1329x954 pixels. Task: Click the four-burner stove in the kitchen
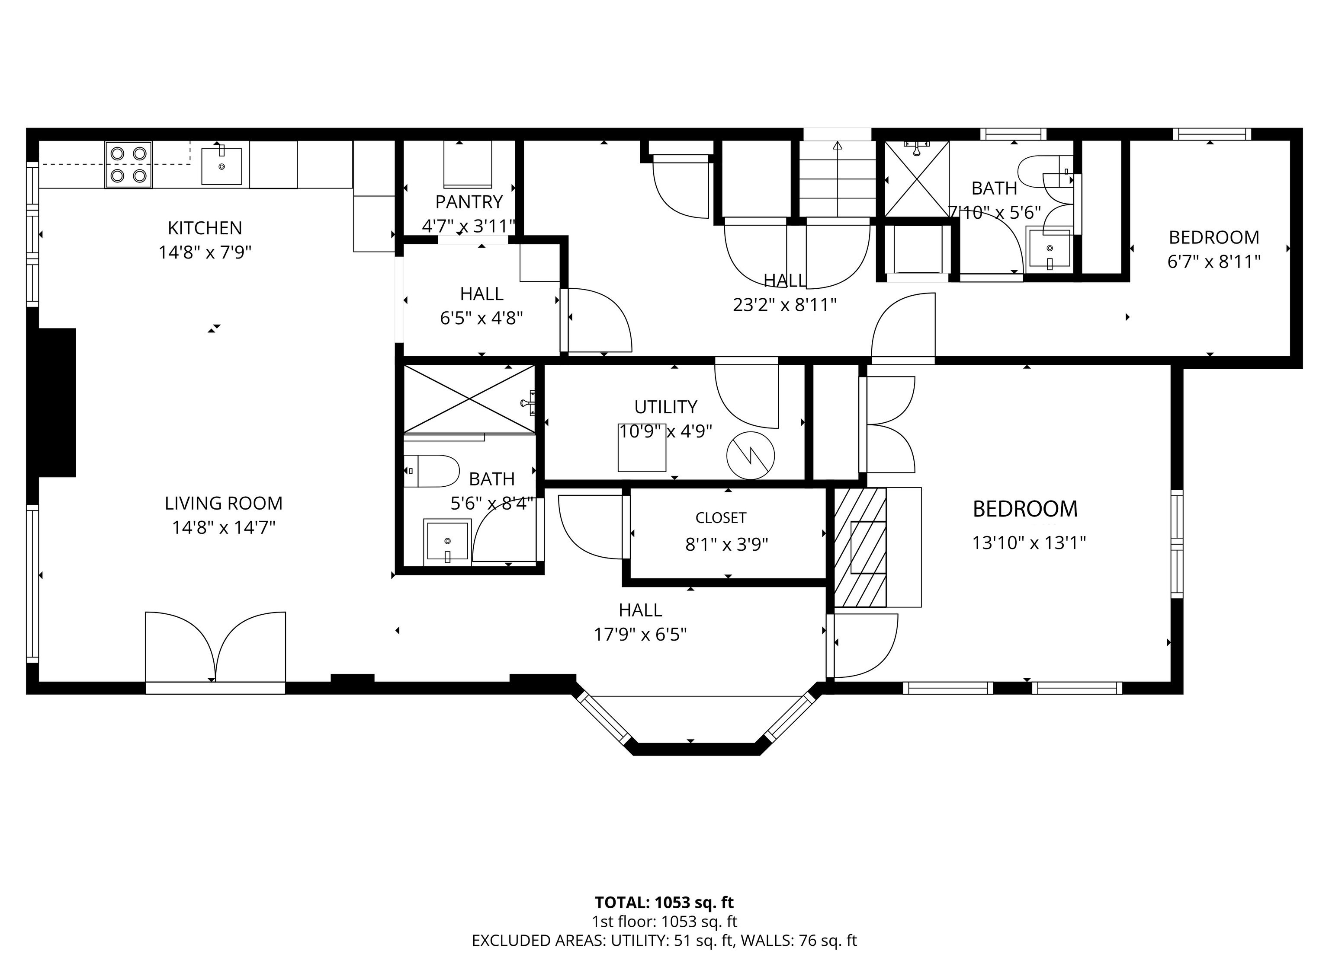pyautogui.click(x=128, y=165)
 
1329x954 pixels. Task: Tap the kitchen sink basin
pyautogui.click(x=221, y=166)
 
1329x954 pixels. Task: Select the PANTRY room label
pyautogui.click(x=469, y=201)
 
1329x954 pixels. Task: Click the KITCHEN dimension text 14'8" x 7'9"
pyautogui.click(x=205, y=252)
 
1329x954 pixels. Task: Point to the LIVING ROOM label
pyautogui.click(x=223, y=503)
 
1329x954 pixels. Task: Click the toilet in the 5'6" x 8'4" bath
pyautogui.click(x=431, y=471)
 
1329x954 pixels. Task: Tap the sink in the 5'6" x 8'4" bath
pyautogui.click(x=446, y=540)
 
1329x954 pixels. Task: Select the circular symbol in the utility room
pyautogui.click(x=751, y=456)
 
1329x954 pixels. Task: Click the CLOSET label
pyautogui.click(x=721, y=518)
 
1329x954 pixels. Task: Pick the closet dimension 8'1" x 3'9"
pyautogui.click(x=727, y=545)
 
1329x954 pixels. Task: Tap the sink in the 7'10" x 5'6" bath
pyautogui.click(x=1050, y=249)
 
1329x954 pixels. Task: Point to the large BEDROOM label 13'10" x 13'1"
pyautogui.click(x=1025, y=509)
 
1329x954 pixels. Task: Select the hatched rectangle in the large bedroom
pyautogui.click(x=860, y=547)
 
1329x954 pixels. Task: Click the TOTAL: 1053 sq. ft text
pyautogui.click(x=664, y=903)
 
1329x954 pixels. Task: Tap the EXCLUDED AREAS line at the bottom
pyautogui.click(x=664, y=941)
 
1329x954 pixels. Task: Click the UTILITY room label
pyautogui.click(x=666, y=406)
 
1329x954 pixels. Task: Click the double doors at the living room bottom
pyautogui.click(x=215, y=648)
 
